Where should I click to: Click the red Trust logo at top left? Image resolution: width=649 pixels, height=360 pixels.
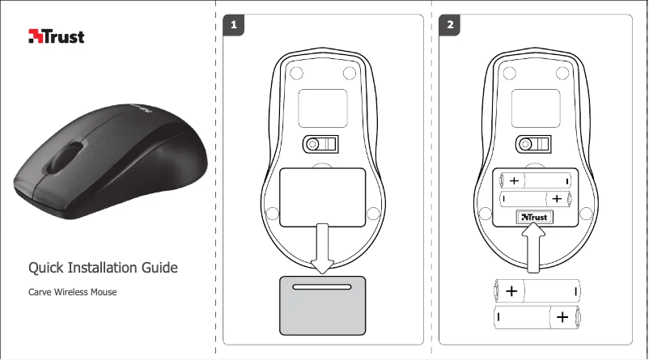point(57,36)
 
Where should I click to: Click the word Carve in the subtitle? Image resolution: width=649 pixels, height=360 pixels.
point(40,292)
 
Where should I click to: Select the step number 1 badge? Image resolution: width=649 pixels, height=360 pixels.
point(233,25)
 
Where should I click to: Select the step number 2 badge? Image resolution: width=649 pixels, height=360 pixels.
point(450,25)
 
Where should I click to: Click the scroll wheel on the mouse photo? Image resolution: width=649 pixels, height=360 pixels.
point(65,158)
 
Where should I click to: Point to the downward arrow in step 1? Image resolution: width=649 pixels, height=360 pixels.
point(322,248)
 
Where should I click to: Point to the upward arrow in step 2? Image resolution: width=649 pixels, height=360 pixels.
point(533,251)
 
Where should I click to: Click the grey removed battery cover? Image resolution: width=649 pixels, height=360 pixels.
point(322,305)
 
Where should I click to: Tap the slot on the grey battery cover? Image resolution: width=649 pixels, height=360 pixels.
point(322,286)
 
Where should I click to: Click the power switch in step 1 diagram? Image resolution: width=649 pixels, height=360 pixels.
point(320,144)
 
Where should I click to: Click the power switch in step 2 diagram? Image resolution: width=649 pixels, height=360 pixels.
point(533,144)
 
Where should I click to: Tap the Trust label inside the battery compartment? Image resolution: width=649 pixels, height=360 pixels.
point(535,218)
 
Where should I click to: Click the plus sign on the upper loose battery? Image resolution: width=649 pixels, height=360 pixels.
point(511,291)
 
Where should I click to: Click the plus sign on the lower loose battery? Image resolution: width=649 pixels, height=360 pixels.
point(562,317)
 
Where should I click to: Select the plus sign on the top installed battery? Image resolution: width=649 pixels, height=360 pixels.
point(514,181)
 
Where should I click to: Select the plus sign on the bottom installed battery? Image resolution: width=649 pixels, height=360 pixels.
point(557,199)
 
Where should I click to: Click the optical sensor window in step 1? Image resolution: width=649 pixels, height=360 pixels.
point(323,108)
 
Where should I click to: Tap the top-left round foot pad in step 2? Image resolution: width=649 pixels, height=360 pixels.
point(509,74)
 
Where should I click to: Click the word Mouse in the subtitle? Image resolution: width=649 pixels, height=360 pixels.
point(104,292)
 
